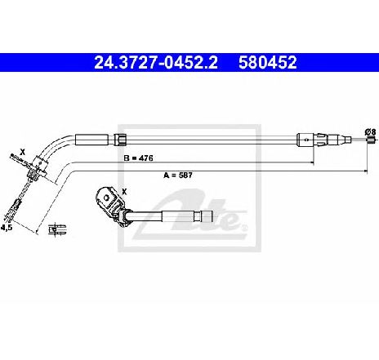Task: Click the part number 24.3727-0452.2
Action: coord(156,62)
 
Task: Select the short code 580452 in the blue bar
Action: coord(268,62)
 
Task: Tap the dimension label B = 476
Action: coord(138,158)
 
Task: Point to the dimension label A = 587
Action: coord(178,176)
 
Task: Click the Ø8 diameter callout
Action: coord(371,132)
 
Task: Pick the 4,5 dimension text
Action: coord(7,228)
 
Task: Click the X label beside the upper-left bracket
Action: coord(23,152)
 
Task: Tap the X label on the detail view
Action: coord(124,192)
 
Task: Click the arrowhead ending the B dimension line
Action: coord(312,162)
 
